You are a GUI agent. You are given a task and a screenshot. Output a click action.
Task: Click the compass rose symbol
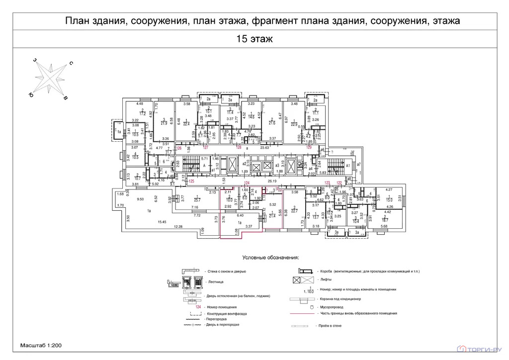click(x=50, y=79)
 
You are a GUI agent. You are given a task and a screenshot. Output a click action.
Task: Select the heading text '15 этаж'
click(x=254, y=38)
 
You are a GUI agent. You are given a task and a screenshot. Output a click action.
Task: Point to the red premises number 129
click(x=309, y=148)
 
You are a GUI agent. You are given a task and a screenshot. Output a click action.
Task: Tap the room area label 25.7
click(x=197, y=200)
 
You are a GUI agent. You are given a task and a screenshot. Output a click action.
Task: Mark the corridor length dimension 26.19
click(x=272, y=181)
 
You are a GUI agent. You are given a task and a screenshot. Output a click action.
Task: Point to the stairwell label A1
click(x=348, y=165)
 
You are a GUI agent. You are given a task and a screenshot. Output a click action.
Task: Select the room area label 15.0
click(x=389, y=200)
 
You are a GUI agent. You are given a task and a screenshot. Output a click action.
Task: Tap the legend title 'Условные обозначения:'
click(x=270, y=258)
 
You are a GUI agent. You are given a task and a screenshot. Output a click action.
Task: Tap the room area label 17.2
click(x=143, y=114)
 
